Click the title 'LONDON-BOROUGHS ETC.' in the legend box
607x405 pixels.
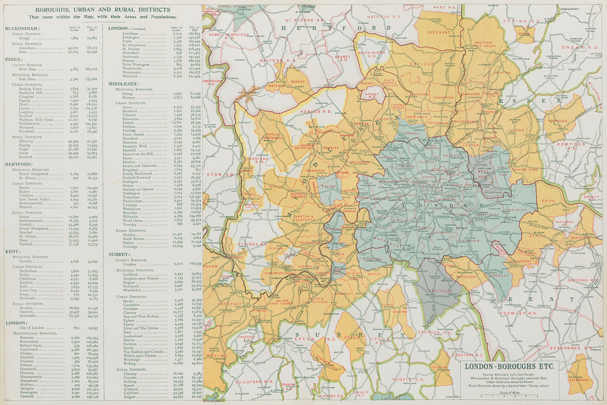(509, 366)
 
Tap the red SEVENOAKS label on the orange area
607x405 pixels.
(578, 379)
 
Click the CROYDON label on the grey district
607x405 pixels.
(439, 291)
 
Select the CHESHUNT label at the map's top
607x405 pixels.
(438, 33)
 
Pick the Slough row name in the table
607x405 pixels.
(24, 38)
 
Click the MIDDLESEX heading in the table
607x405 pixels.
(124, 84)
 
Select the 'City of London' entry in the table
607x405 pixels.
(31, 328)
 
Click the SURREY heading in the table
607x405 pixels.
(119, 254)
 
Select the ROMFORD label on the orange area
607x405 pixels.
(558, 121)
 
